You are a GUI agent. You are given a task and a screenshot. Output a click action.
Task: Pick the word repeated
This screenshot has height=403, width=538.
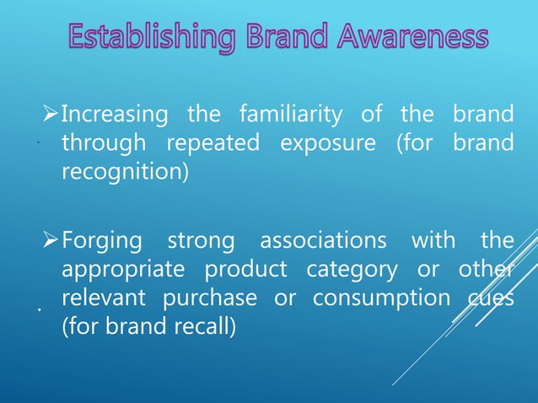213,143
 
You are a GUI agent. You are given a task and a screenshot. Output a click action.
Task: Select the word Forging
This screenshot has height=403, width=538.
102,241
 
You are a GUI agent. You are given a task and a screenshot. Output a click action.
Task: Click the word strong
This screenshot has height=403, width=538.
201,241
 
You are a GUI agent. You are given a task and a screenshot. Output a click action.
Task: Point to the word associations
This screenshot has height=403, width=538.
323,241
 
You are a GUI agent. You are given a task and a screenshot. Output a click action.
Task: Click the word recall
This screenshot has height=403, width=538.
202,327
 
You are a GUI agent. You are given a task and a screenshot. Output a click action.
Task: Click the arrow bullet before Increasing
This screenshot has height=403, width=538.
51,115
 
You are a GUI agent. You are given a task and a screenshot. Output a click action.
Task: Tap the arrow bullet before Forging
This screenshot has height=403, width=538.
51,242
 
